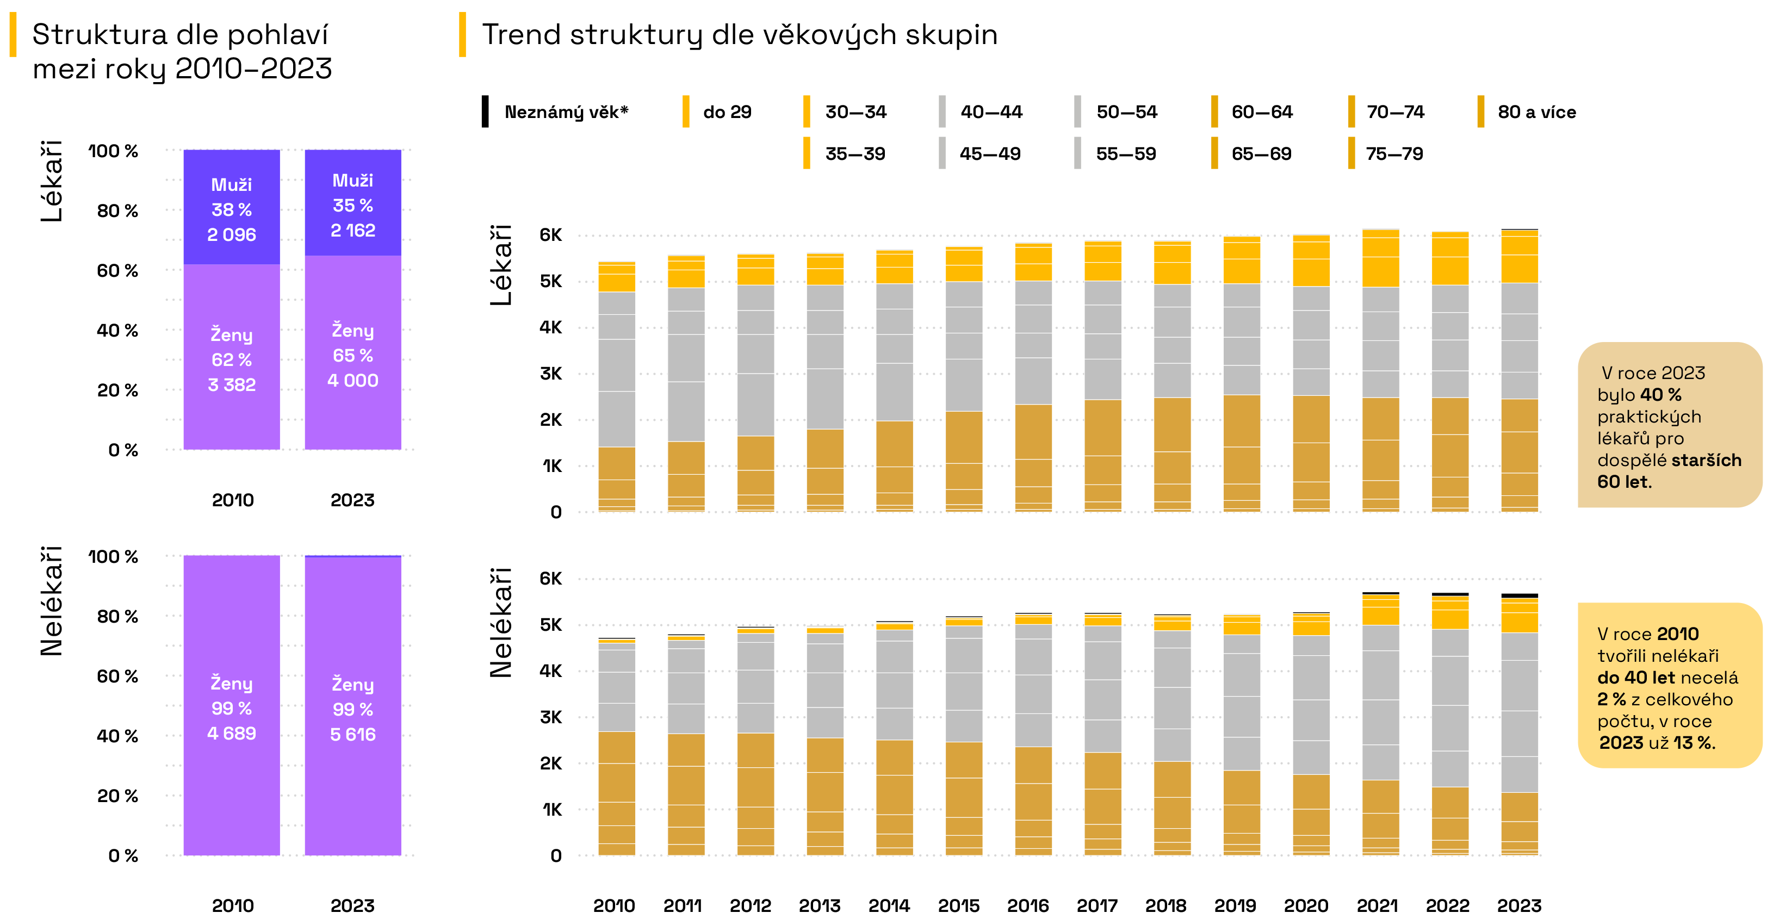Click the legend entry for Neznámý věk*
[566, 112]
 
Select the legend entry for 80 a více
[1536, 112]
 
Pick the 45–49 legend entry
[990, 153]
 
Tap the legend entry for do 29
[727, 112]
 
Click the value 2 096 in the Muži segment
[231, 235]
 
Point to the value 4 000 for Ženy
[352, 381]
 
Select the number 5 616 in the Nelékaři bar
[352, 735]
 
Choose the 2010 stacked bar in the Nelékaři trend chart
[616, 747]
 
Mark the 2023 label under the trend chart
[1519, 905]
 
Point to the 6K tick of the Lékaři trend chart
[550, 235]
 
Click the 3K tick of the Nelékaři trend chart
[550, 717]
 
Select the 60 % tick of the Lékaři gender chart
[117, 271]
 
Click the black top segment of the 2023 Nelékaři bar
[1519, 595]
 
